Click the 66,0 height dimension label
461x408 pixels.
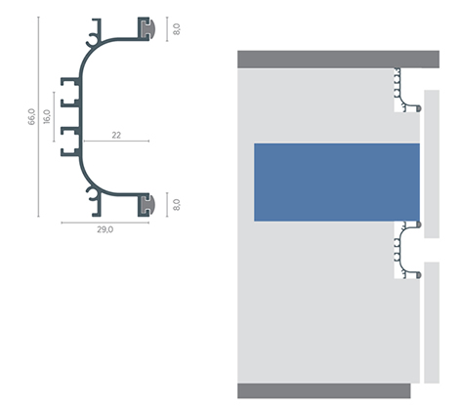coord(31,117)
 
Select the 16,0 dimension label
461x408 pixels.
coord(47,116)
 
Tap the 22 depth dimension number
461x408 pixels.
coord(116,135)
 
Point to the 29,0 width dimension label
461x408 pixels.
coord(105,229)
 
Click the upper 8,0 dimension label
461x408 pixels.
coord(176,29)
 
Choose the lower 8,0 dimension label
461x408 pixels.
coord(176,205)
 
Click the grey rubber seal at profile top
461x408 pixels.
coord(148,28)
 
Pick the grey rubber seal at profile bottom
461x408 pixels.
coord(148,205)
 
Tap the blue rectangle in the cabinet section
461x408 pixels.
coord(337,183)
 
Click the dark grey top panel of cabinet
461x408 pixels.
coord(338,60)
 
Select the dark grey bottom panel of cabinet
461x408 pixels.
coord(324,390)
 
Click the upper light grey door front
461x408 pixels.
coord(432,164)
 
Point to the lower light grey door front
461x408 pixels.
coord(432,322)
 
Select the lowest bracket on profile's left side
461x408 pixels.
coord(70,152)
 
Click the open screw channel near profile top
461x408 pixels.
coord(92,42)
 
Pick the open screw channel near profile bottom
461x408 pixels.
coord(92,192)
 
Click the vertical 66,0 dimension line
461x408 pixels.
coord(38,116)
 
